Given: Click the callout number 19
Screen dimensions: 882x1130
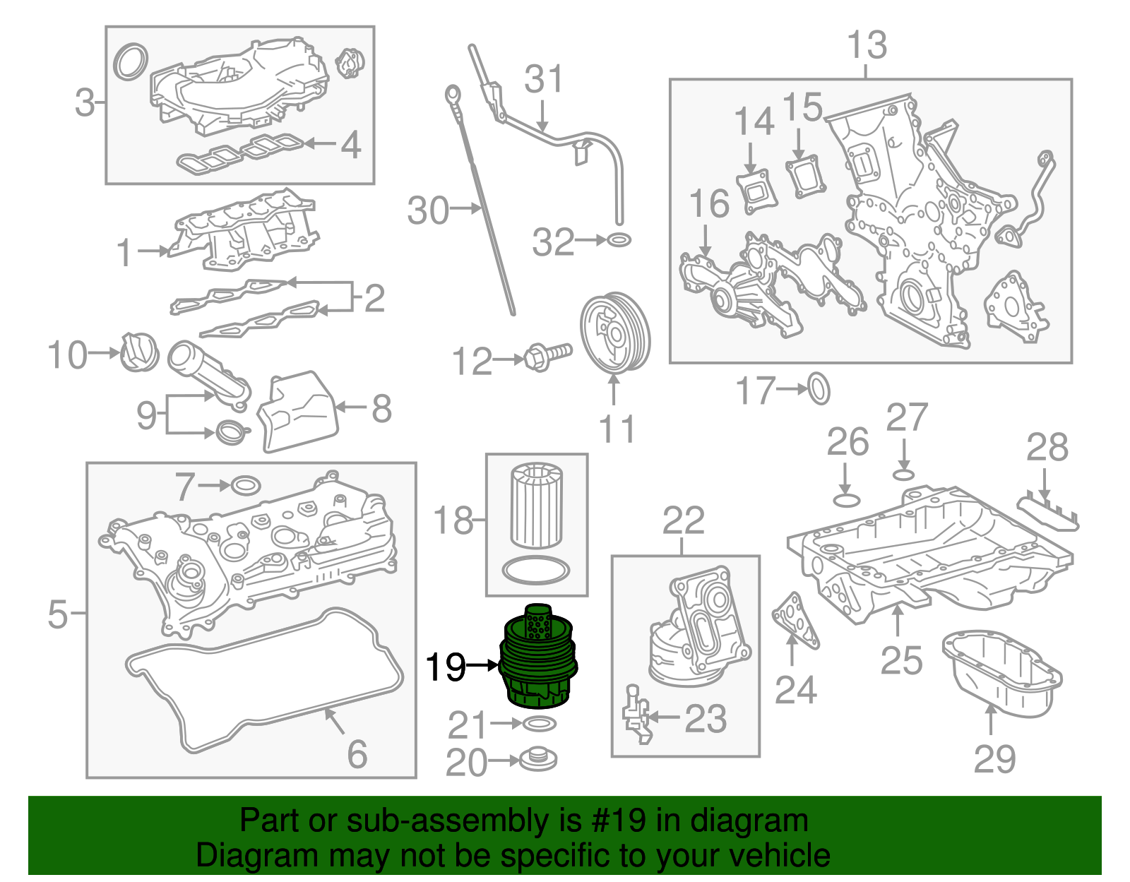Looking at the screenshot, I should click(446, 667).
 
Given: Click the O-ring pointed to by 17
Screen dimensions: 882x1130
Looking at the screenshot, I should click(819, 388).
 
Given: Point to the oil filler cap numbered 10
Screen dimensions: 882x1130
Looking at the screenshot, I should click(139, 351).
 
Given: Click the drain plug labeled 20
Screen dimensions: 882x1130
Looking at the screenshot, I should click(538, 760).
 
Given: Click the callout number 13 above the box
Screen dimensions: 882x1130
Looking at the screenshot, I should click(867, 45).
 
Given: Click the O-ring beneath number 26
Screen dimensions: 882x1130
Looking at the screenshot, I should click(847, 500).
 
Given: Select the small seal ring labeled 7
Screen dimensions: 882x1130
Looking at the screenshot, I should click(245, 486).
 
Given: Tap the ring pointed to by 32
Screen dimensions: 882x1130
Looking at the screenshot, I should click(619, 240).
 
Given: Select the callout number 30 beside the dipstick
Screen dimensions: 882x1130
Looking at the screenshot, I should click(428, 210).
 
